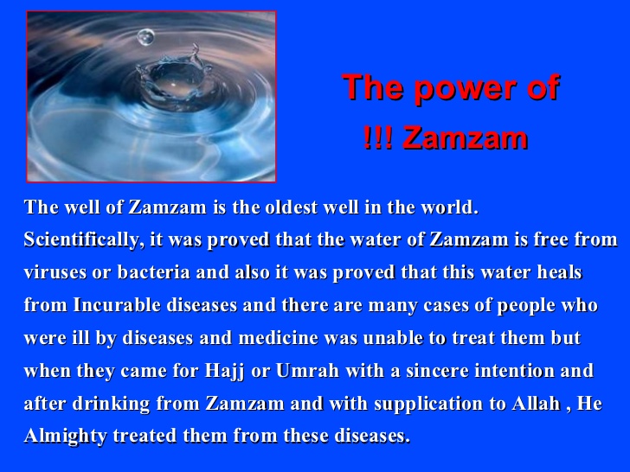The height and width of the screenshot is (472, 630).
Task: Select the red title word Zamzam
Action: [x=466, y=138]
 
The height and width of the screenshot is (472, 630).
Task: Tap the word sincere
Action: [x=421, y=372]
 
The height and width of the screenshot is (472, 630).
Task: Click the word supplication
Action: [x=411, y=405]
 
